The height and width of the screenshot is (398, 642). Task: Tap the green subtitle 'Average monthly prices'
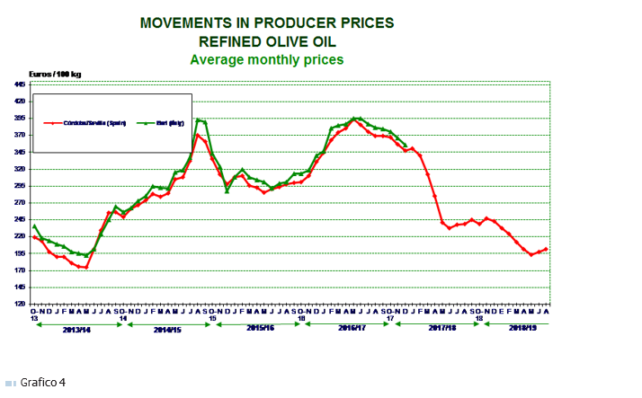266,59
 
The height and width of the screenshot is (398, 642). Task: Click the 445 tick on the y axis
19,84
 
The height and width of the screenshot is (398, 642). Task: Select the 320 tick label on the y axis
19,169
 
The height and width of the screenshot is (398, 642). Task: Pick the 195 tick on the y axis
19,253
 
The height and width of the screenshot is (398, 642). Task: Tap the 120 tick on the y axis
19,304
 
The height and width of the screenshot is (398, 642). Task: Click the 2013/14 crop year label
78,329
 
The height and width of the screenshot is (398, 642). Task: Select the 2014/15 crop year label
167,329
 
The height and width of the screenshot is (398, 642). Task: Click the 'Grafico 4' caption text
44,383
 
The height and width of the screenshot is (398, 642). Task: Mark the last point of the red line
546,249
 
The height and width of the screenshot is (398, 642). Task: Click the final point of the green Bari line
406,145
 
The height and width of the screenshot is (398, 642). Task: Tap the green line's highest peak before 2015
198,119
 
